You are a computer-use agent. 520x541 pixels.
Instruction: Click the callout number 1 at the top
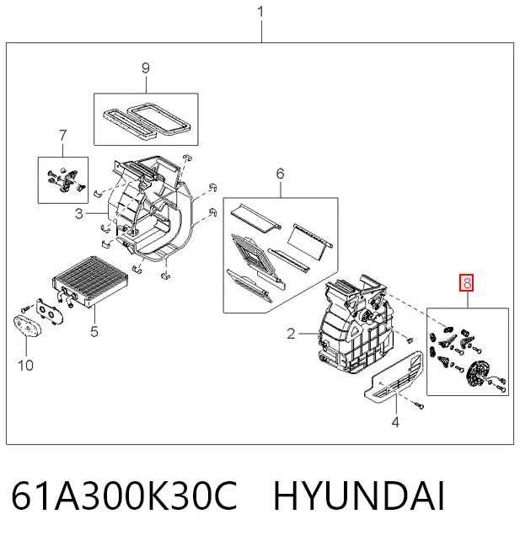pos(260,13)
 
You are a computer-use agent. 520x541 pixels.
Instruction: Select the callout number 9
pos(146,68)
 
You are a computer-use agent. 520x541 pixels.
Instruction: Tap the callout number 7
pos(62,136)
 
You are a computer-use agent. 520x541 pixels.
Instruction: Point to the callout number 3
pos(79,214)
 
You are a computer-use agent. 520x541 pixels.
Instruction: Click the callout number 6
pos(280,174)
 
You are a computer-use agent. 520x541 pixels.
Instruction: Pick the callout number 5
pos(94,331)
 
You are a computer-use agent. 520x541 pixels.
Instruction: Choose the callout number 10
pos(26,365)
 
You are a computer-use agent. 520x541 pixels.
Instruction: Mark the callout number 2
pos(291,334)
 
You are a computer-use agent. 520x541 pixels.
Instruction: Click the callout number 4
pos(395,421)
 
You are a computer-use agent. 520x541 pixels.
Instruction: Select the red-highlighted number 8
pos(467,283)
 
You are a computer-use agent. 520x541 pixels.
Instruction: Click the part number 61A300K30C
pos(125,495)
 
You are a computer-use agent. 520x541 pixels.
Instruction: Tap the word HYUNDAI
pos(359,495)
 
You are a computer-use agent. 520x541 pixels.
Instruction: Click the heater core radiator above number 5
pos(89,281)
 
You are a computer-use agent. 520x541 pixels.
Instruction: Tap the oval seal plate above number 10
pos(27,326)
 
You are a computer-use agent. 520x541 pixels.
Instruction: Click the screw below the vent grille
pos(419,406)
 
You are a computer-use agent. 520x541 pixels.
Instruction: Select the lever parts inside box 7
pos(65,179)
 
